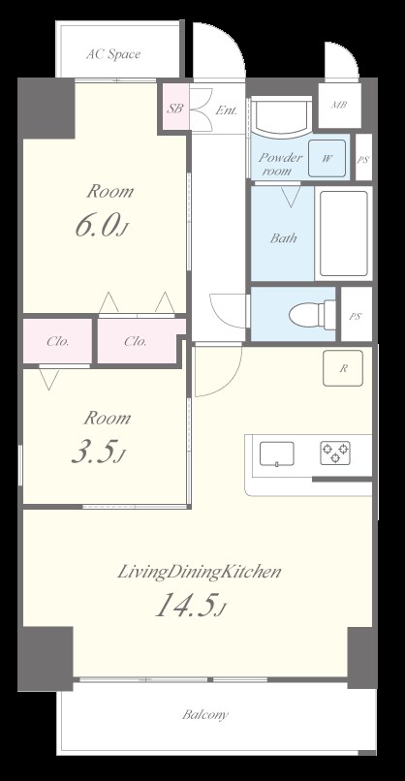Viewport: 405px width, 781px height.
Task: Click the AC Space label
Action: coord(113,54)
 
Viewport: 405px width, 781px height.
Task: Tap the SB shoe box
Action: coord(174,109)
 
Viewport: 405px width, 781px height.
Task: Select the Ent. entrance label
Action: coord(226,110)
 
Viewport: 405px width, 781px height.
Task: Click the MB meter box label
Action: coord(339,105)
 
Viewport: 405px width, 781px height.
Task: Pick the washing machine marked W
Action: coord(327,158)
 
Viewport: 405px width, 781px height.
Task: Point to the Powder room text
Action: coord(279,165)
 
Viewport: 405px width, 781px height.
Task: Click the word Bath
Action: coord(284,238)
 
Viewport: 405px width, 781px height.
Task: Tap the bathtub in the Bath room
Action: coord(344,234)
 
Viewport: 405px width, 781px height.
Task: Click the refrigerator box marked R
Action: coord(343,368)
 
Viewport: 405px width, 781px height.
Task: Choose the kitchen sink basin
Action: coord(276,453)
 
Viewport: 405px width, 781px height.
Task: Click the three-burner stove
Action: coord(335,453)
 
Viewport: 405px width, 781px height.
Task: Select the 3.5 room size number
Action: coord(97,453)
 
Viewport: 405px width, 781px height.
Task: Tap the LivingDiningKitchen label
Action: coord(200,573)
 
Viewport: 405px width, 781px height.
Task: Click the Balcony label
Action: coord(205,715)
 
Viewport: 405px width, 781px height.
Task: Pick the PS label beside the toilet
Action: coord(356,316)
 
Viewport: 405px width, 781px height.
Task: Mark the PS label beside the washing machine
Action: coord(363,160)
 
